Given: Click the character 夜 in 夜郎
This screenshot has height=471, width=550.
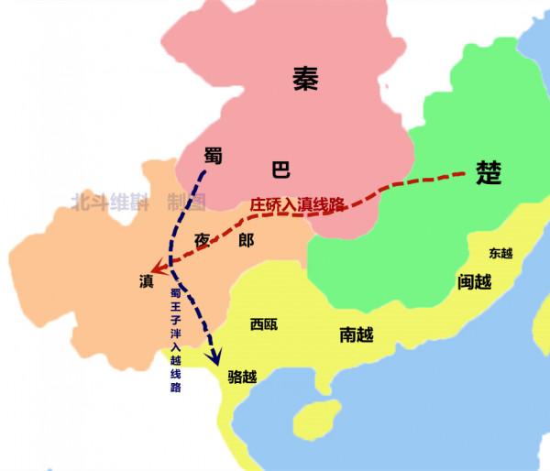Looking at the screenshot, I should pyautogui.click(x=203, y=240).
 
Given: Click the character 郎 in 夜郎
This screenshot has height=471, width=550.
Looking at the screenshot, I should pyautogui.click(x=246, y=240).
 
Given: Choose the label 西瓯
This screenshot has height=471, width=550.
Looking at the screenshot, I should pyautogui.click(x=264, y=324).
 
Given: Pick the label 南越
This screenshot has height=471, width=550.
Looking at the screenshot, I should pyautogui.click(x=357, y=335).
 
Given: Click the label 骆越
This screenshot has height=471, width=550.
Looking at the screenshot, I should pyautogui.click(x=242, y=376).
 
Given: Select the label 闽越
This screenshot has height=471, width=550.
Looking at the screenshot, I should pyautogui.click(x=475, y=281).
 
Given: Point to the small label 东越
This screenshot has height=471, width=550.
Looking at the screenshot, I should pyautogui.click(x=501, y=252).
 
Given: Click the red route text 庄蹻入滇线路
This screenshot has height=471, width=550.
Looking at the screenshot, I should pyautogui.click(x=296, y=204).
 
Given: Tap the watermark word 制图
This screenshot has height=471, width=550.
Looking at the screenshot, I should pyautogui.click(x=186, y=202).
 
